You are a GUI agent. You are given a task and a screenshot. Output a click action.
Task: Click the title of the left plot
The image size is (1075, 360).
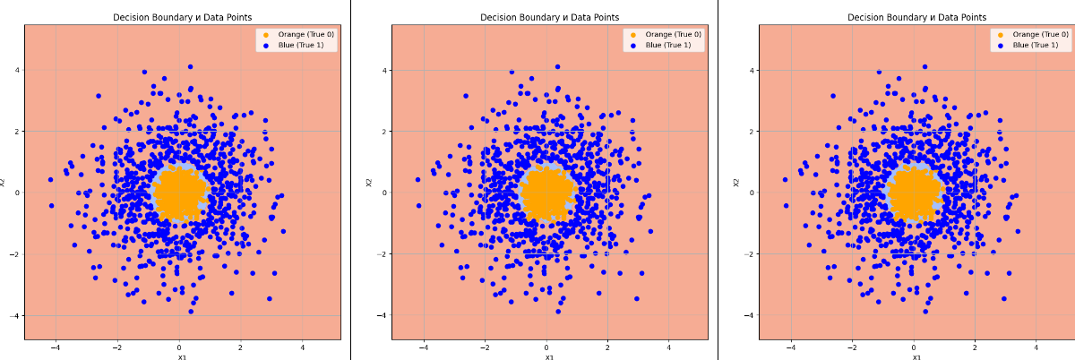pos(182,17)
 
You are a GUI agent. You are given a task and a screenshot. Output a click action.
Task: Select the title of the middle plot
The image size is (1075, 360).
pos(549,17)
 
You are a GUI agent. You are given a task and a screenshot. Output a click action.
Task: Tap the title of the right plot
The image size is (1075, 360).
pos(916,17)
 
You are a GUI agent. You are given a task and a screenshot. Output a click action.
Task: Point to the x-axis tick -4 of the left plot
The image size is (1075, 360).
pos(55,347)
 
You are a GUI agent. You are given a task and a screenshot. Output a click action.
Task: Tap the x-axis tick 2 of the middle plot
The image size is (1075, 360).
pos(608,347)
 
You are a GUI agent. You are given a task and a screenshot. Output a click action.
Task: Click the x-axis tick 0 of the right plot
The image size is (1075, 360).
pos(914,347)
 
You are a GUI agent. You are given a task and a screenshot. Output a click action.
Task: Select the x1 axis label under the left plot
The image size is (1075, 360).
pos(182,356)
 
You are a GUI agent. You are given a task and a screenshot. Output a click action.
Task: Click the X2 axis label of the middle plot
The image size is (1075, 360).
pos(370,183)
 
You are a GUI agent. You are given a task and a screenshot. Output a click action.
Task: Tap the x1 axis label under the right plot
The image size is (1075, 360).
pos(916,356)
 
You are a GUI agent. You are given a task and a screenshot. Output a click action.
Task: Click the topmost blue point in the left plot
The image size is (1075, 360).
pos(190,66)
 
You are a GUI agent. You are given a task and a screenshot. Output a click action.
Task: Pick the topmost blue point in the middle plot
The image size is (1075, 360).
pos(557,66)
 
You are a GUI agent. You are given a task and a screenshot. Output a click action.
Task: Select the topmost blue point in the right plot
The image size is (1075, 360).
pos(924,66)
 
